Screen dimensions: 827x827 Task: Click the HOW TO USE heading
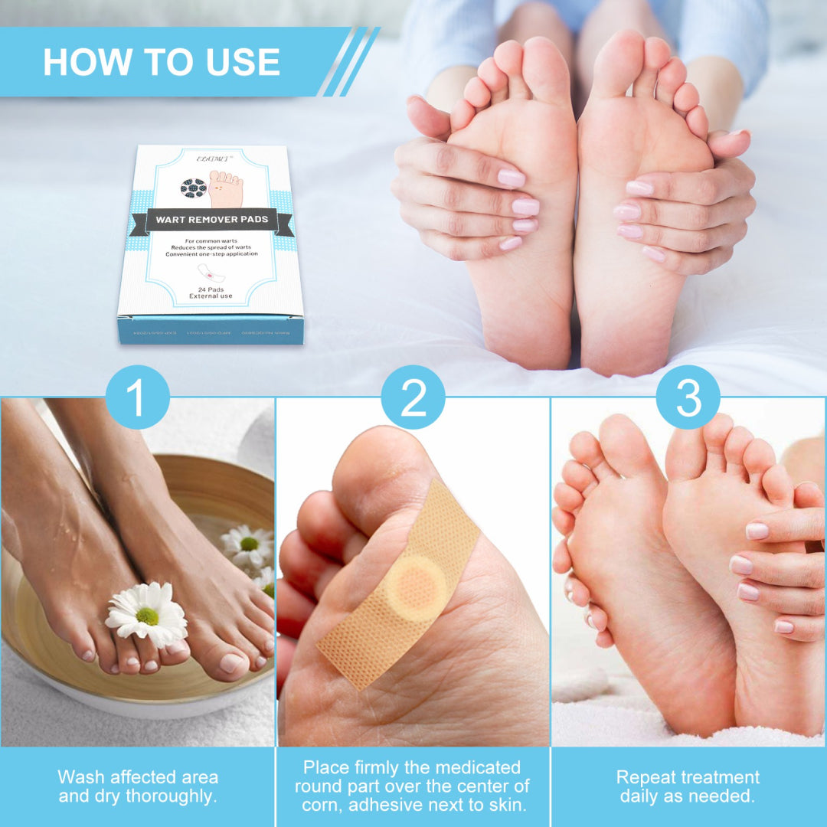coord(162,62)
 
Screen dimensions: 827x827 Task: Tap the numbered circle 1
coord(137,397)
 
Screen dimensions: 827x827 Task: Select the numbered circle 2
coord(413,397)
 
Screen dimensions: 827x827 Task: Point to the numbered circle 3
coord(688,397)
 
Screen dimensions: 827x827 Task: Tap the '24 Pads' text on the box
coord(211,289)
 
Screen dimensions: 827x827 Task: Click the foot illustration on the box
coord(226,189)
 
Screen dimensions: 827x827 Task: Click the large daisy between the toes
coord(146,613)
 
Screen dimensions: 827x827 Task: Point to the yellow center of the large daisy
coord(147,616)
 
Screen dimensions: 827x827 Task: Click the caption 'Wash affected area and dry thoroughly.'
coord(138,786)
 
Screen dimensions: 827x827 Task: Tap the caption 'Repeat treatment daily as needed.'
coord(688,786)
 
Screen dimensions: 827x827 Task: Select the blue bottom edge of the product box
coord(211,330)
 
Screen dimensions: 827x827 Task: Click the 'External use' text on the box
coord(211,297)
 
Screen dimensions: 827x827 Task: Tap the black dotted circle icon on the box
coord(193,188)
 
